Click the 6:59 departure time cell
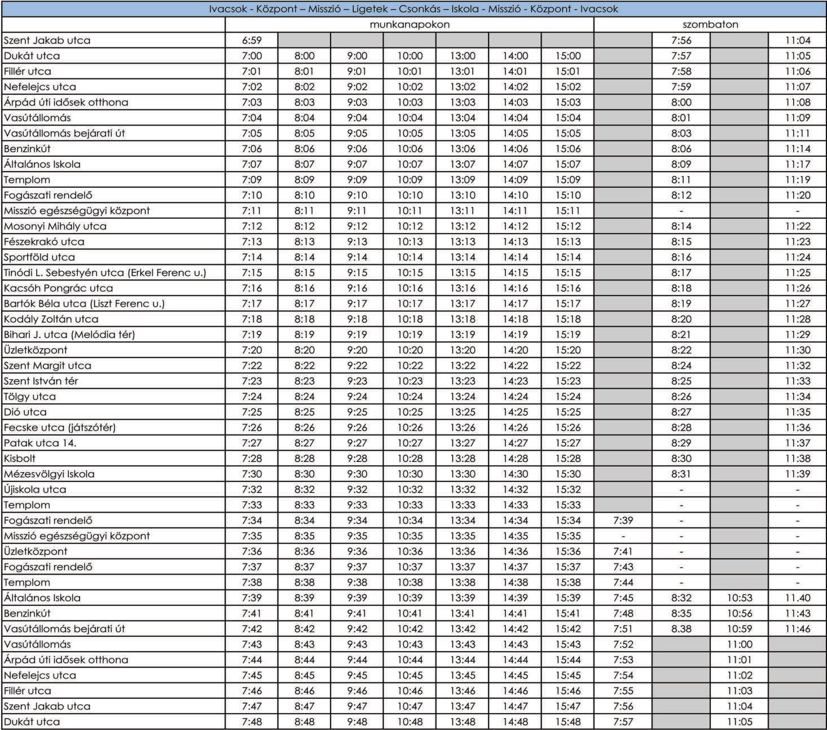coord(252,41)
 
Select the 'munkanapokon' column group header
coord(410,25)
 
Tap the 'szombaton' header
coord(710,25)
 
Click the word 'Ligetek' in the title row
coord(369,9)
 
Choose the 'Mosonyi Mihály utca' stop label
coord(55,226)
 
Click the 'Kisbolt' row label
coord(20,459)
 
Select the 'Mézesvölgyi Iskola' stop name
coord(49,474)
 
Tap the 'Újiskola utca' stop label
coord(35,490)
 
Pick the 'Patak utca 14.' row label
coord(40,443)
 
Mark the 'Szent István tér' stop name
coord(41,381)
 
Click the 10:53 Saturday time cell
coord(739,598)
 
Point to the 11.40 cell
coord(798,598)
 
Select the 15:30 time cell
coord(568,474)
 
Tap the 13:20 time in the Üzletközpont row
coord(463,350)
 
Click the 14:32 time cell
coord(515,490)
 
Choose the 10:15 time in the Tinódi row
coord(410,272)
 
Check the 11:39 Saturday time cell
coord(798,474)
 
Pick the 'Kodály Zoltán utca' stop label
coord(51,319)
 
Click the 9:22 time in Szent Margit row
coord(357,366)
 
